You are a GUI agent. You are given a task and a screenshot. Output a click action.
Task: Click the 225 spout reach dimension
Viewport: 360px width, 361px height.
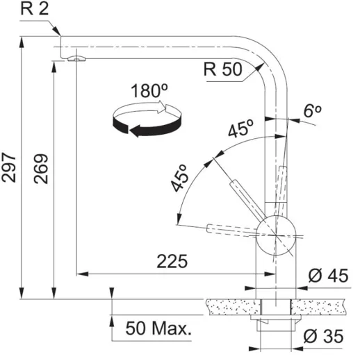[x=171, y=261]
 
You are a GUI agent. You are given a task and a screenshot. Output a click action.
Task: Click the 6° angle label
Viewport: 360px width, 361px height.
[x=313, y=110]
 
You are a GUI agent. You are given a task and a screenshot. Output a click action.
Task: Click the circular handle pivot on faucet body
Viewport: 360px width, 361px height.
[x=276, y=235]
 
